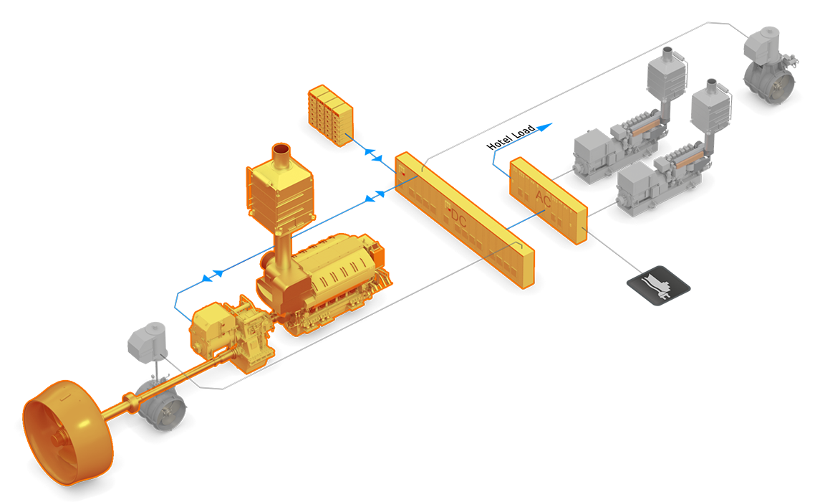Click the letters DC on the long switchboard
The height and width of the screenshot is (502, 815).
click(x=459, y=219)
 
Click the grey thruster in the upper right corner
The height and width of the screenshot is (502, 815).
click(x=770, y=61)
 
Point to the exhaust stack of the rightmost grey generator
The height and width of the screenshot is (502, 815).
click(x=710, y=108)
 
